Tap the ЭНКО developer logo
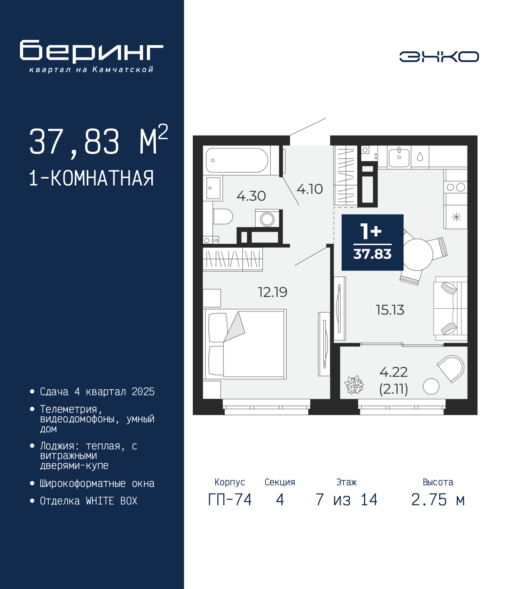click(439, 56)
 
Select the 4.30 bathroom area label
click(251, 196)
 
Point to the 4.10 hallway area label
click(309, 189)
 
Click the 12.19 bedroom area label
click(273, 292)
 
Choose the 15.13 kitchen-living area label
click(390, 310)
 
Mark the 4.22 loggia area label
click(394, 372)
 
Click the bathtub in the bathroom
click(237, 160)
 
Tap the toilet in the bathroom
click(223, 216)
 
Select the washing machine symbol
click(267, 219)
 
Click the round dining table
click(417, 254)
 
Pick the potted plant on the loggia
click(354, 385)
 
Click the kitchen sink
click(399, 157)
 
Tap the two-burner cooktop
click(456, 187)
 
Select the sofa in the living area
click(450, 309)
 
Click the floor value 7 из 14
click(347, 500)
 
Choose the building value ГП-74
click(230, 500)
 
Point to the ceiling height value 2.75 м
click(438, 500)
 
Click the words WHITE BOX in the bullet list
click(111, 500)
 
